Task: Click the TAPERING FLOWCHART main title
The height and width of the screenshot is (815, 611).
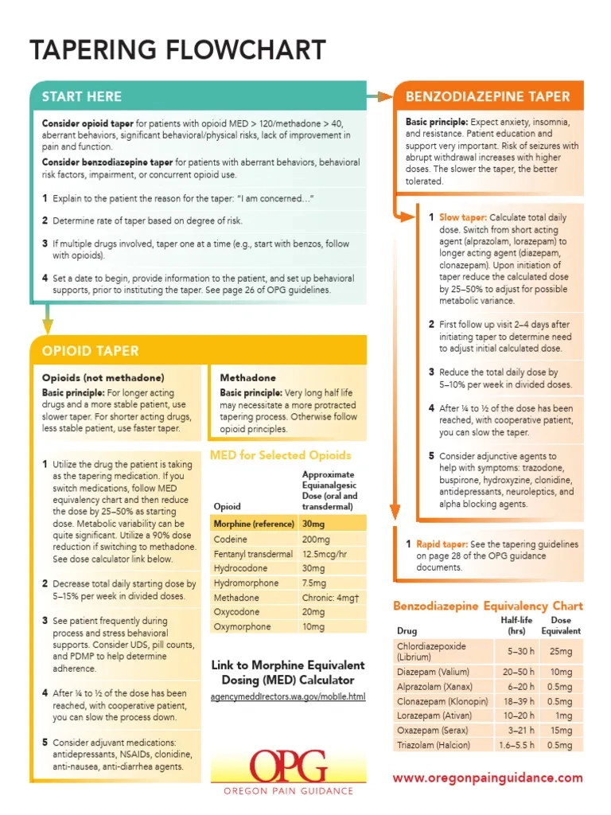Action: (x=177, y=50)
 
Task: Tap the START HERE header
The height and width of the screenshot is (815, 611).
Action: (x=82, y=96)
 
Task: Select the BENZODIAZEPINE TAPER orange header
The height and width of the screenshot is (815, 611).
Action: (x=488, y=96)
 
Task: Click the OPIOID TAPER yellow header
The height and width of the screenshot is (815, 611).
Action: (x=91, y=351)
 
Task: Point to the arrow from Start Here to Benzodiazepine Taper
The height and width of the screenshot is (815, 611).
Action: (x=380, y=96)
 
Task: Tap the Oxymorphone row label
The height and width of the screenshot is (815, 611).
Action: (x=242, y=626)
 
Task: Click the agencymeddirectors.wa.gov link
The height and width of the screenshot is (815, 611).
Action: (x=288, y=697)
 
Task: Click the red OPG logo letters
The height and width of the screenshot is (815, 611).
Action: (x=288, y=766)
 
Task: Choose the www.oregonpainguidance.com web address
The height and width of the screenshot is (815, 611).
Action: (x=488, y=778)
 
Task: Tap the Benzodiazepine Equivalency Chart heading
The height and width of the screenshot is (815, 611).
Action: (x=488, y=606)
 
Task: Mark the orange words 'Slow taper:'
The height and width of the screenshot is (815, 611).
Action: (x=462, y=217)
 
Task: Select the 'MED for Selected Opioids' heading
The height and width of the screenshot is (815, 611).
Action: (x=279, y=455)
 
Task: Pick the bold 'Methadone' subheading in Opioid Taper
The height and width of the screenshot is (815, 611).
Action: (x=248, y=377)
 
